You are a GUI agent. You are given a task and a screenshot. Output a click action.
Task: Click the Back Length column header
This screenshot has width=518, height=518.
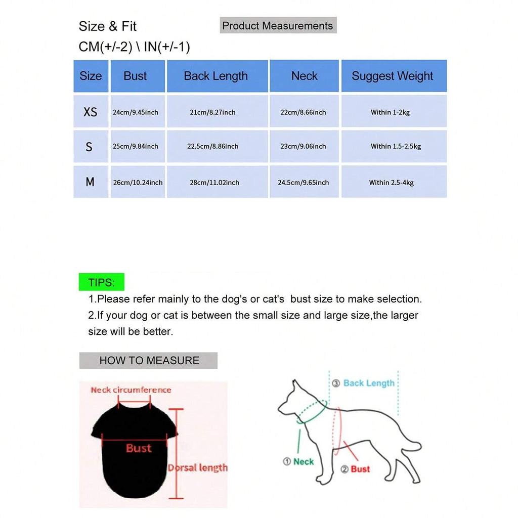coord(216,76)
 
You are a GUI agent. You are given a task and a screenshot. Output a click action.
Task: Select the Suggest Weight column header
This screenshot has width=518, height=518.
coord(393,76)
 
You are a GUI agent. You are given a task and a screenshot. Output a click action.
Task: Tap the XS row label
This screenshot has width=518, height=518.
coord(90,112)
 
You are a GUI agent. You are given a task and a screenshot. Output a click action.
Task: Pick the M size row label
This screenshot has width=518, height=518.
coord(90,182)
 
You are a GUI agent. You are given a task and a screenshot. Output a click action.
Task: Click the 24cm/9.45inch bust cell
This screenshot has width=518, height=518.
coord(136,112)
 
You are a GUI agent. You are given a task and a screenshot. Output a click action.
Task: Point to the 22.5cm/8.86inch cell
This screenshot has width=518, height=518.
coord(213,146)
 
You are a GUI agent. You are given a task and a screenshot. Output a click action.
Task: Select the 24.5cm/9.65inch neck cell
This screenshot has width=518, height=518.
coord(303,182)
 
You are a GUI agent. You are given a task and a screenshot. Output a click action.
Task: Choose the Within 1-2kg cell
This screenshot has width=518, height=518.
coord(390,112)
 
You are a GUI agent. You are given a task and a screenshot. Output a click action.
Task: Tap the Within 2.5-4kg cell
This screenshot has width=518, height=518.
coord(391,182)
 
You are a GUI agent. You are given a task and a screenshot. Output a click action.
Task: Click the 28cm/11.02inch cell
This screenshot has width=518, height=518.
coord(214,182)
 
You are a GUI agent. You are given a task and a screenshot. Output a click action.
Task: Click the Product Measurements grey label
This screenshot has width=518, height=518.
coord(278,26)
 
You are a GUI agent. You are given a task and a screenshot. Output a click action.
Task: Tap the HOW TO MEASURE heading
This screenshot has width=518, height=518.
coord(149,361)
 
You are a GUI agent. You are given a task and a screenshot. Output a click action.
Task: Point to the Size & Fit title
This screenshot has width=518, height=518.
coord(108,26)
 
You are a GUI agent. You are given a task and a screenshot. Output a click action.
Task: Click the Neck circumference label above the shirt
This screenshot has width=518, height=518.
coord(131,390)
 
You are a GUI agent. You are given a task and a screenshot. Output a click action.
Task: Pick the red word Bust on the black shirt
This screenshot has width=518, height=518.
coord(139,448)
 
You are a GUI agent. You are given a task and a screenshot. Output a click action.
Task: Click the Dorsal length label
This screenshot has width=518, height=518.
coord(198,468)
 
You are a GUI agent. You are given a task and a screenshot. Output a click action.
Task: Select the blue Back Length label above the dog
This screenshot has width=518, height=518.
coord(369,383)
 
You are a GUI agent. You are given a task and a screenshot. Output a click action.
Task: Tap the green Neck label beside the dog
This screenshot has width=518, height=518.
coord(304,461)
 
